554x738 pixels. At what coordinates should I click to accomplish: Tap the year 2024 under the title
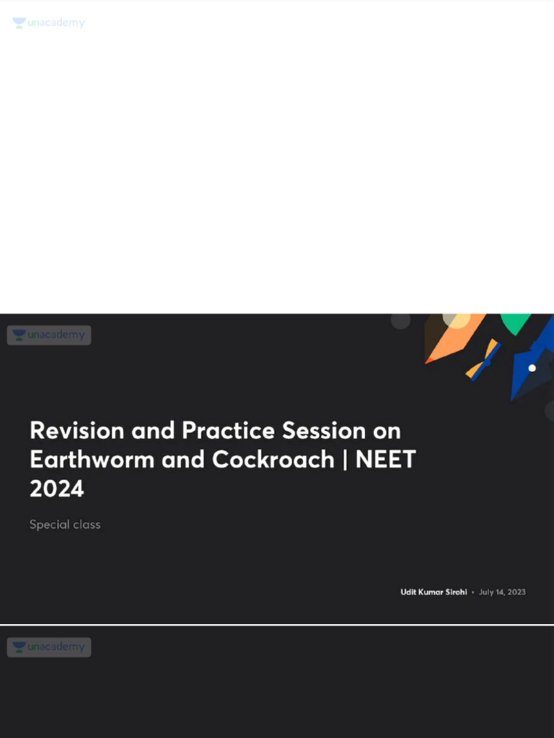[57, 489]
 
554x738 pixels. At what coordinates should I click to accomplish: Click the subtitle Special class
[65, 525]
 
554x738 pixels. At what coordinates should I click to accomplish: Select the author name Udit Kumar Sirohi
[434, 592]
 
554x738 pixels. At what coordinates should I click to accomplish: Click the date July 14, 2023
[502, 592]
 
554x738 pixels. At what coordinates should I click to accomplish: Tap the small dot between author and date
[472, 592]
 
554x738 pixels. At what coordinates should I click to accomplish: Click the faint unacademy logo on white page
[48, 23]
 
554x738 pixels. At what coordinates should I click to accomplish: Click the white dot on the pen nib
[532, 368]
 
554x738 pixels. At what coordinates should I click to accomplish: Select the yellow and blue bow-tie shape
[483, 360]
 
